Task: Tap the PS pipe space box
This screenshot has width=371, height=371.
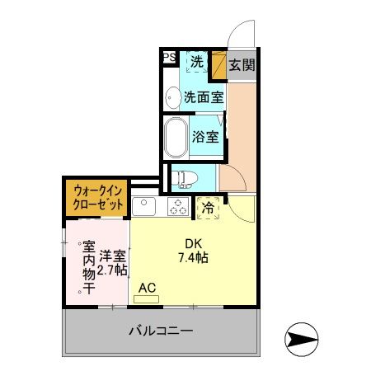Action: [168, 58]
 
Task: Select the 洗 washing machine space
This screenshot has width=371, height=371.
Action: [197, 60]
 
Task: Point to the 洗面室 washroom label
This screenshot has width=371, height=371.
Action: [203, 96]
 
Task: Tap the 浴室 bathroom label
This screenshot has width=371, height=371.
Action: [206, 137]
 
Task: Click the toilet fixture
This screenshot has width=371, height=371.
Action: [182, 176]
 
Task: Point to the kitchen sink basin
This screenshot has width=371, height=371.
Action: [141, 204]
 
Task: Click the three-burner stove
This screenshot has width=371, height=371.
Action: [177, 204]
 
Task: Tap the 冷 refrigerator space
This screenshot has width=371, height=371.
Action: [209, 208]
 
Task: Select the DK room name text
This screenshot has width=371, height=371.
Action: [193, 242]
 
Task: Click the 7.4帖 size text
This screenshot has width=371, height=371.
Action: [191, 258]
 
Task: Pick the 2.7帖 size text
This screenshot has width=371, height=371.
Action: [112, 270]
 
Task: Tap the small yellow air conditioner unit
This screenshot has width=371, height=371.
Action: [145, 298]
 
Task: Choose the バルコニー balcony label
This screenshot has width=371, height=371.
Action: [160, 331]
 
